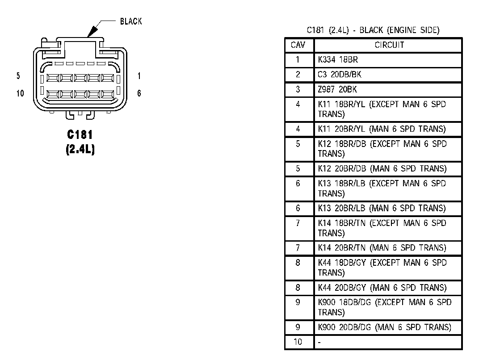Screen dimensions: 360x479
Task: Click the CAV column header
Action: pyautogui.click(x=298, y=45)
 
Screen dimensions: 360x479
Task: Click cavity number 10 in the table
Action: pyautogui.click(x=298, y=342)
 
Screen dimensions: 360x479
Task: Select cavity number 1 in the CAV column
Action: pyautogui.click(x=298, y=59)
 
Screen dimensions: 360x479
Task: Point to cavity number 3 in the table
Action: pyautogui.click(x=298, y=89)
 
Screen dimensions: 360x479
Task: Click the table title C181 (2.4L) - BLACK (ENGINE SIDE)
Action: pyautogui.click(x=373, y=30)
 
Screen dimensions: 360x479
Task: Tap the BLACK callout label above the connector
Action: pyautogui.click(x=131, y=21)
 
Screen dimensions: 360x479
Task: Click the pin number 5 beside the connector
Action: pyautogui.click(x=18, y=76)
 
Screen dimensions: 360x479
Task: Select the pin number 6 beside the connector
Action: pyautogui.click(x=139, y=93)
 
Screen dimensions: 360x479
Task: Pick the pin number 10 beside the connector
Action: pyautogui.click(x=20, y=93)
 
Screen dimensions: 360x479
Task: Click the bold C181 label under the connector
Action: pyautogui.click(x=80, y=135)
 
